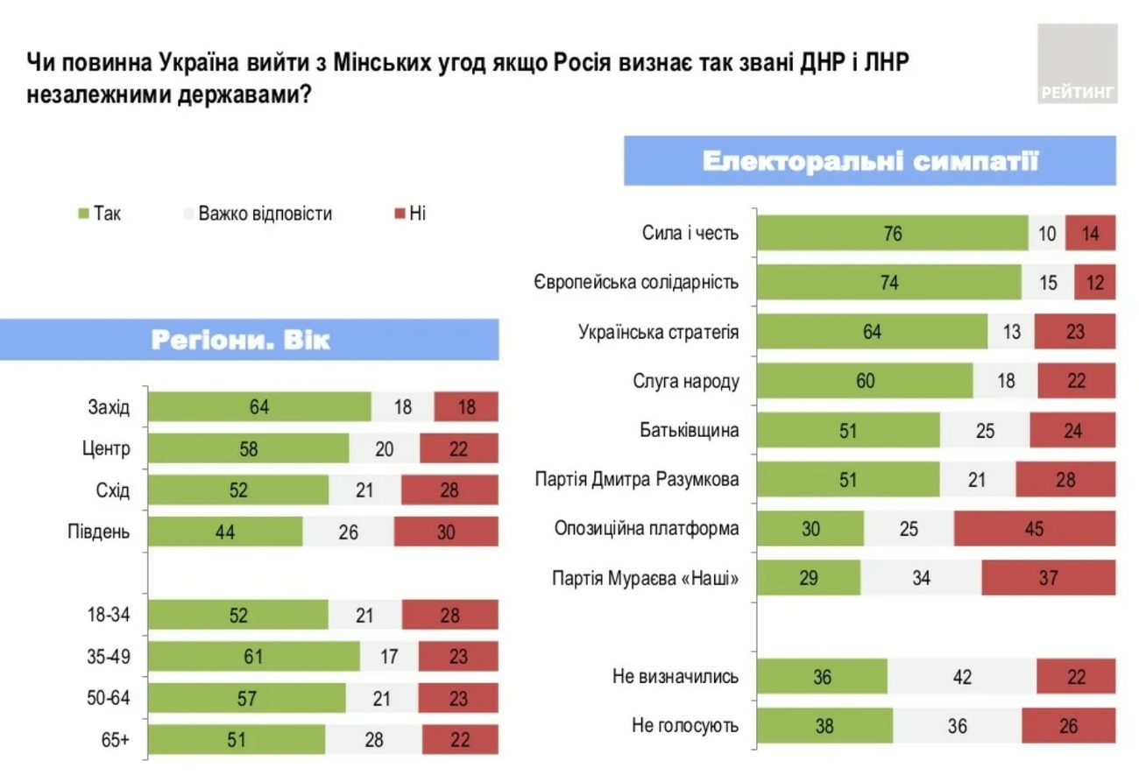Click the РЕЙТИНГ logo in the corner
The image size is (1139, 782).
tap(1077, 64)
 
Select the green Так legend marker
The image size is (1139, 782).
tap(84, 214)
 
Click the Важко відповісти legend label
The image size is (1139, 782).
tap(265, 214)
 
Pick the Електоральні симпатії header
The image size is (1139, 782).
tap(870, 161)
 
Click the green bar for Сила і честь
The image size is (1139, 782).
tap(892, 234)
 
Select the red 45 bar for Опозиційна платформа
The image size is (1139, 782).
tap(1035, 529)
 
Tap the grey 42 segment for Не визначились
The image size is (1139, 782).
tap(962, 677)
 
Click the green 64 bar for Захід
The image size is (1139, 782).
tap(259, 407)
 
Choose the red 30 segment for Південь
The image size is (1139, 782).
tap(446, 532)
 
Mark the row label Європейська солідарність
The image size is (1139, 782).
tap(635, 283)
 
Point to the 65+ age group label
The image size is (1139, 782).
tap(115, 740)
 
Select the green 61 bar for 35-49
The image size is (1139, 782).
tap(254, 657)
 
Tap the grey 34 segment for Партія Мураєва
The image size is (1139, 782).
tap(921, 578)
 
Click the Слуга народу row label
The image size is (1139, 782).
tap(685, 381)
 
